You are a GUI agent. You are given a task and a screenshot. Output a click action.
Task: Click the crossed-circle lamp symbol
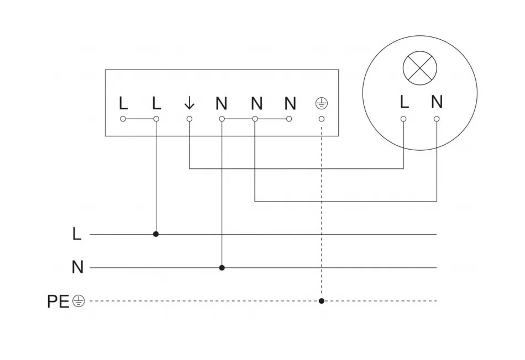[419, 70]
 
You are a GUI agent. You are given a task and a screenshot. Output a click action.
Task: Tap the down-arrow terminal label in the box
[189, 103]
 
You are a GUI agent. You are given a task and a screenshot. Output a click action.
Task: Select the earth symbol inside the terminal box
[321, 103]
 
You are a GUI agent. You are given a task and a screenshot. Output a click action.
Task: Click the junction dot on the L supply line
[156, 234]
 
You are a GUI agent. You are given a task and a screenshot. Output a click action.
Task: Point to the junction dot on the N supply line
[222, 268]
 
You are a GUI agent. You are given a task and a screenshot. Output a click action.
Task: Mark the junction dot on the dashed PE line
[321, 301]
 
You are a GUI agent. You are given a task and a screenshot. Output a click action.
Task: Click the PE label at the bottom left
[58, 301]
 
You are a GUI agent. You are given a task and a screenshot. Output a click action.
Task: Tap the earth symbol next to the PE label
[78, 301]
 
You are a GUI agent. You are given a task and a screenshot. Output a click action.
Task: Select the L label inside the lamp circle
[404, 102]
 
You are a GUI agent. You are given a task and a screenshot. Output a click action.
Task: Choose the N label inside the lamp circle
[437, 102]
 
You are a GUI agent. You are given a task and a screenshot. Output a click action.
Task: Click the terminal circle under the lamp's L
[404, 119]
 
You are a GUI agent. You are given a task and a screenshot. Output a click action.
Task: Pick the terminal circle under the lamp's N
[437, 119]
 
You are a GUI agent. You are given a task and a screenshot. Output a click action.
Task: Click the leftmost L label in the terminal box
[123, 103]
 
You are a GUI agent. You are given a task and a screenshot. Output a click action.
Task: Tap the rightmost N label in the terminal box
[290, 103]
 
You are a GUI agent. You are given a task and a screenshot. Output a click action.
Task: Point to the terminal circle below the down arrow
[189, 119]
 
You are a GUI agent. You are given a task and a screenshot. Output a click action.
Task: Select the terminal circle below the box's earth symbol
[321, 119]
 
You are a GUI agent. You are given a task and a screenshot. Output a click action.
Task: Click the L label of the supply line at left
[77, 235]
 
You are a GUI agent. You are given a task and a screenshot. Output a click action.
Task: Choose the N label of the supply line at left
[77, 268]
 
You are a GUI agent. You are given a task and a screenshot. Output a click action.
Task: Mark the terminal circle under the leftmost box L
[123, 119]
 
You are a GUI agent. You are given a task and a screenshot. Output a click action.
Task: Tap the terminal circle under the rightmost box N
[288, 119]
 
